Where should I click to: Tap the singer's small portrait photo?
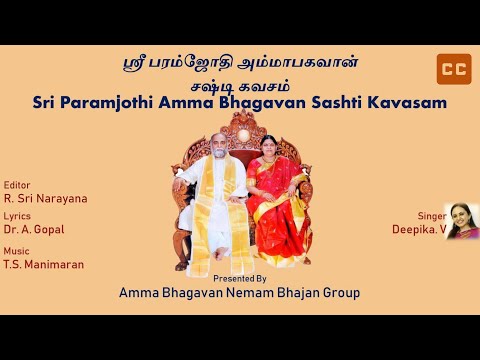[461, 221]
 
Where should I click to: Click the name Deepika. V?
[418, 229]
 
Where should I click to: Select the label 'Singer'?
[430, 215]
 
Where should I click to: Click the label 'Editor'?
[17, 184]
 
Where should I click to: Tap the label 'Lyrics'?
[17, 215]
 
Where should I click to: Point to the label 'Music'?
[16, 250]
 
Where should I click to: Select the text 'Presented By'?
[240, 279]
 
